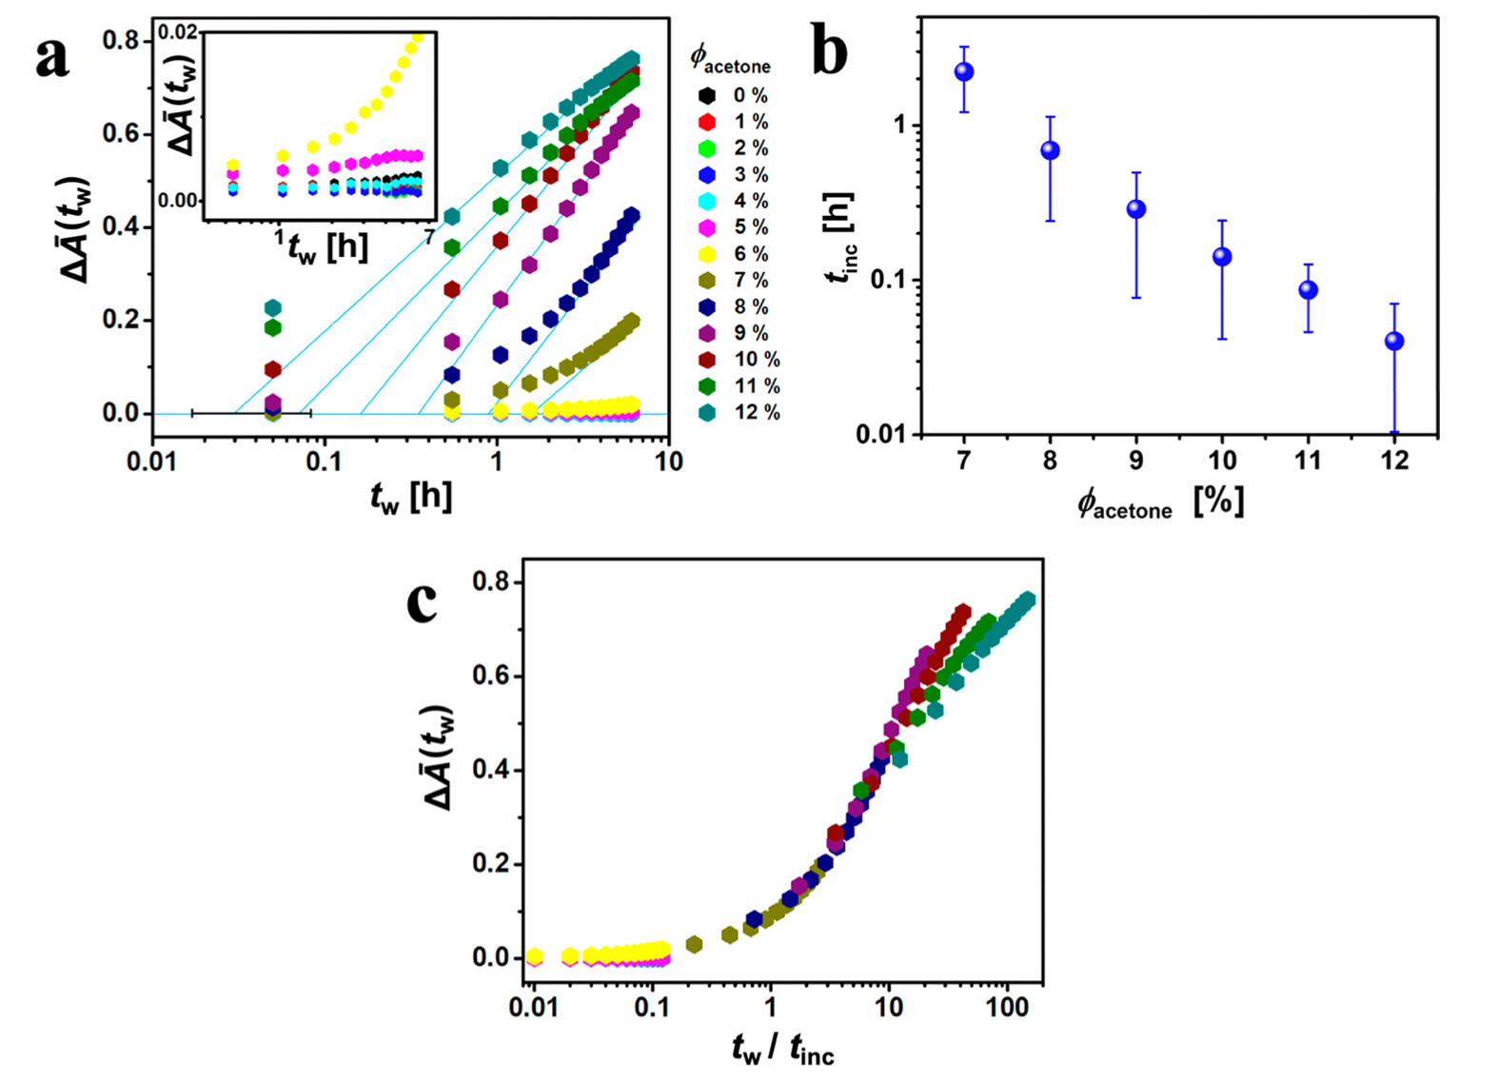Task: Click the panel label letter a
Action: [x=52, y=59]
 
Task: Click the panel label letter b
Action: [x=830, y=53]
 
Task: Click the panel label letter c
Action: [x=422, y=601]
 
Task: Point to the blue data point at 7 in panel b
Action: [x=964, y=71]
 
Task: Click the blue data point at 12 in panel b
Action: [x=1394, y=341]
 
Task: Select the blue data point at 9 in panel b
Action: [x=1136, y=209]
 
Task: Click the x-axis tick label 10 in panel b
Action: [x=1222, y=461]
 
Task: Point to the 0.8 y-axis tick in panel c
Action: [x=491, y=581]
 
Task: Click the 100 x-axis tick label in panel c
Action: [x=1008, y=1008]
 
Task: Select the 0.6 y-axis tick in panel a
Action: [x=121, y=133]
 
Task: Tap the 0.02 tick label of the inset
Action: [x=178, y=32]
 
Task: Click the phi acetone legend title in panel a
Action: [x=730, y=60]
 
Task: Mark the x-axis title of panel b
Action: [x=1160, y=503]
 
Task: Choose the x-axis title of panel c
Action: [x=782, y=1049]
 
